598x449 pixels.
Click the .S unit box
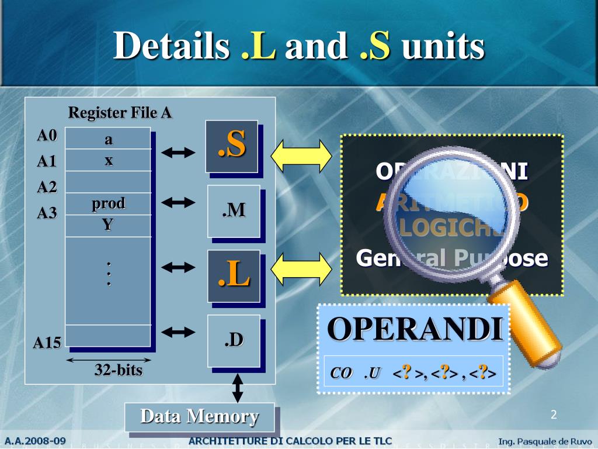tap(231, 146)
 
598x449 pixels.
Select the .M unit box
tap(234, 211)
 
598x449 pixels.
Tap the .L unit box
tap(234, 275)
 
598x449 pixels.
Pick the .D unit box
tap(234, 340)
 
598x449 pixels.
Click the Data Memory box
tap(199, 417)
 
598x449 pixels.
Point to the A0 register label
tap(47, 136)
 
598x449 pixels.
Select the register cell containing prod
tap(108, 203)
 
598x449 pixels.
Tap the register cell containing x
tap(108, 160)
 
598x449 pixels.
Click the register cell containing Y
tap(108, 225)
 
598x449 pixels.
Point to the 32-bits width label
tap(119, 370)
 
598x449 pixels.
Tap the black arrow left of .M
tap(178, 203)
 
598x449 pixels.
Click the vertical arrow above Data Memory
tap(238, 388)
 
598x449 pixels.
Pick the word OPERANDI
tap(415, 329)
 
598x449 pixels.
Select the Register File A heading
tap(120, 112)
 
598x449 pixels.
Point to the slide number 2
tap(554, 415)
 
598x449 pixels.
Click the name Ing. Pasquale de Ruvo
tap(545, 441)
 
